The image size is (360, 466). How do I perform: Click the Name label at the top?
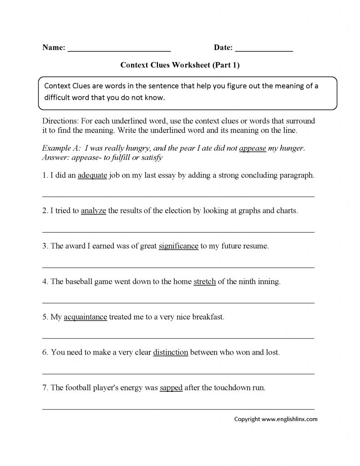point(53,47)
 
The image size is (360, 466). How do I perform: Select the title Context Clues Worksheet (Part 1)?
point(180,65)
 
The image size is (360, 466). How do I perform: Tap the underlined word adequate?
point(92,175)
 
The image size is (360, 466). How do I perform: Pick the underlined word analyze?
point(93,211)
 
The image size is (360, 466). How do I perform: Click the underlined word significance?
point(178,246)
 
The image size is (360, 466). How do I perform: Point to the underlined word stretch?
point(204,282)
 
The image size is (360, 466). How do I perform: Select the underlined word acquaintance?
point(85,317)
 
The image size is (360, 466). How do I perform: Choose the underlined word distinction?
point(171,353)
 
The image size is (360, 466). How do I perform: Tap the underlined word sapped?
point(171,388)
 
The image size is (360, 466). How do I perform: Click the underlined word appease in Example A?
point(252,148)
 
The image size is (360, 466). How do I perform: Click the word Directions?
point(59,122)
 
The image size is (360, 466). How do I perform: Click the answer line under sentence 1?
point(178,197)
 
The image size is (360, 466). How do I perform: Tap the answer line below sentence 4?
point(178,303)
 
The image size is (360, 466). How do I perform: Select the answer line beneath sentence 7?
point(178,409)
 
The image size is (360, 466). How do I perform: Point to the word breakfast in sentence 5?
point(208,317)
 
